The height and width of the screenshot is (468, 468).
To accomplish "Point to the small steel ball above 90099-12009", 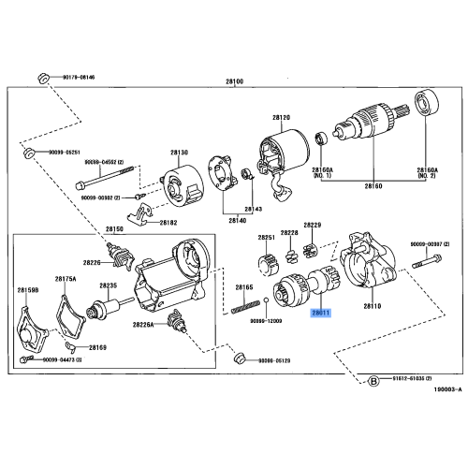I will pyautogui.click(x=267, y=300).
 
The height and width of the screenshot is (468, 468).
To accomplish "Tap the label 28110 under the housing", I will pyautogui.click(x=373, y=306).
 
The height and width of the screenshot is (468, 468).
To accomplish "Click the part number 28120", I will pyautogui.click(x=282, y=117).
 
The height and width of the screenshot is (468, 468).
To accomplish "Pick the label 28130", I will pyautogui.click(x=179, y=152).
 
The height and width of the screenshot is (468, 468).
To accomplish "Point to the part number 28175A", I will pyautogui.click(x=65, y=279).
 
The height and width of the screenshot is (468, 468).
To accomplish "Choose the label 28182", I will pyautogui.click(x=168, y=223).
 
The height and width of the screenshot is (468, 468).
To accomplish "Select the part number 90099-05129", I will pyautogui.click(x=275, y=358).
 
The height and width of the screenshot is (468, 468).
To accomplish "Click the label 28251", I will pyautogui.click(x=267, y=238).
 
